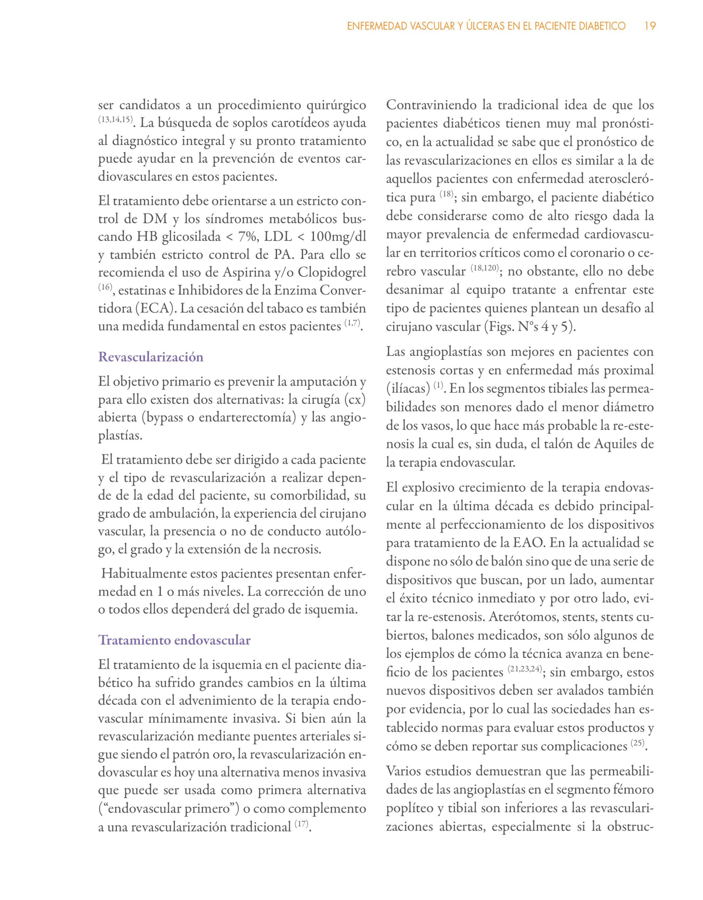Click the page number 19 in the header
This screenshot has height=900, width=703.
click(650, 26)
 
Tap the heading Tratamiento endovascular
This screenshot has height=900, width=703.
click(174, 640)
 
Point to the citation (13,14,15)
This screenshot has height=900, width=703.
click(115, 120)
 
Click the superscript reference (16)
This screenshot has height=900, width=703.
click(105, 287)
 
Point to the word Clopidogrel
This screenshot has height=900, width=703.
click(332, 272)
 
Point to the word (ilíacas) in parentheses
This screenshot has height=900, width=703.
click(408, 388)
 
